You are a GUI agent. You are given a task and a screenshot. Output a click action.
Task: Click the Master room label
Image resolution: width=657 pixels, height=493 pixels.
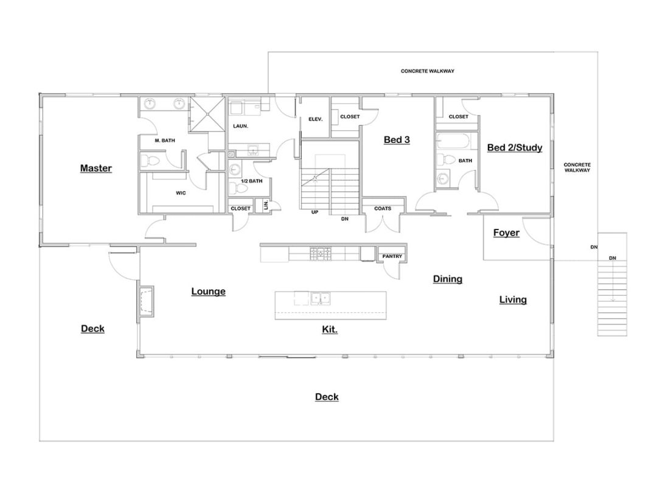click(x=96, y=168)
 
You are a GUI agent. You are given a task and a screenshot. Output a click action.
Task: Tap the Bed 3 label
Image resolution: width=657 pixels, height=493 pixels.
click(x=397, y=140)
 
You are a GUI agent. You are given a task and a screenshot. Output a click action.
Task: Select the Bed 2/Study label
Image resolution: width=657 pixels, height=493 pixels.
click(x=515, y=147)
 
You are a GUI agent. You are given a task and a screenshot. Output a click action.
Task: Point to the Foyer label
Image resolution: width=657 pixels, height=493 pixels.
click(x=506, y=233)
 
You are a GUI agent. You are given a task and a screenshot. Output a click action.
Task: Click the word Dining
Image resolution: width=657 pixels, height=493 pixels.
click(x=448, y=279)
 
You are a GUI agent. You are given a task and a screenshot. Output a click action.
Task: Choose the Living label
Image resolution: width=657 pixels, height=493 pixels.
click(x=513, y=299)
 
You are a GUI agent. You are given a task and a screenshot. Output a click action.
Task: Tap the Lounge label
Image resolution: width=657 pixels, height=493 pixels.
click(x=209, y=292)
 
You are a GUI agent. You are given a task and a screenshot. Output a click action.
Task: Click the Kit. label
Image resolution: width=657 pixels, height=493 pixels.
click(x=330, y=329)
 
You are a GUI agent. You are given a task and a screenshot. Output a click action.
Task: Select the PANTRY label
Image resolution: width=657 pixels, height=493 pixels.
click(x=392, y=257)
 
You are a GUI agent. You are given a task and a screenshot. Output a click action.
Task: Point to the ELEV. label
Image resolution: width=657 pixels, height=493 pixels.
click(x=315, y=119)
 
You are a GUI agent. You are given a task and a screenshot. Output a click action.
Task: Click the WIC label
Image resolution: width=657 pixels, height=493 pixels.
click(x=181, y=193)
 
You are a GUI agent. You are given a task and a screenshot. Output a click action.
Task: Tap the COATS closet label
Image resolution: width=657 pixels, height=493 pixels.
click(x=383, y=209)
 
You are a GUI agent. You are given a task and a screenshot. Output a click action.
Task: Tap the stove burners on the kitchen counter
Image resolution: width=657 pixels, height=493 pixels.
click(x=320, y=253)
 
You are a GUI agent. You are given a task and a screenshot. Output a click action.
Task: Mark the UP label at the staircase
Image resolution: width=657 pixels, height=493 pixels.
click(x=315, y=212)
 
